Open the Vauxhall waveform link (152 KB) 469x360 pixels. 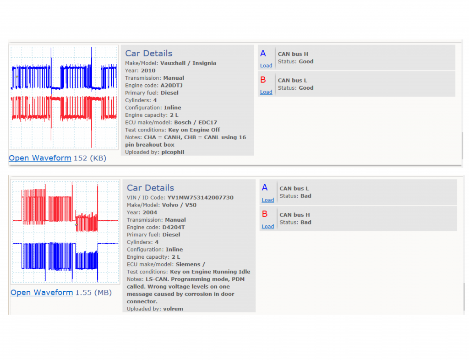click(x=40, y=158)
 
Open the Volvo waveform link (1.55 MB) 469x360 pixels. click(x=42, y=292)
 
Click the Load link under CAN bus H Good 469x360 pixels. click(x=266, y=65)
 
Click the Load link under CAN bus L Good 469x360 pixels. click(x=266, y=92)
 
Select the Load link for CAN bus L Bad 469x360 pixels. click(x=267, y=200)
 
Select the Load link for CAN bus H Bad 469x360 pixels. click(x=267, y=226)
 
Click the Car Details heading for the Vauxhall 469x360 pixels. click(x=149, y=53)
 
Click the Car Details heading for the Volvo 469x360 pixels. click(x=150, y=188)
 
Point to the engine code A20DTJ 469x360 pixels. click(x=171, y=85)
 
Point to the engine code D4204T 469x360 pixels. click(x=174, y=227)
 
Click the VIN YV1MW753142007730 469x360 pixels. click(x=201, y=198)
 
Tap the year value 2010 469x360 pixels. click(x=148, y=71)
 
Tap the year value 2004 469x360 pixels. click(x=150, y=213)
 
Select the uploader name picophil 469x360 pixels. click(x=173, y=152)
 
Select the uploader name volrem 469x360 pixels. click(x=173, y=309)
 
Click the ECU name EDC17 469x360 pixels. click(x=208, y=122)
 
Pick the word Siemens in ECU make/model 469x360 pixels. click(x=188, y=264)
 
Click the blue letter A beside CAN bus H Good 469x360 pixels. click(x=263, y=54)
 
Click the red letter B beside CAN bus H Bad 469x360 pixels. click(x=265, y=214)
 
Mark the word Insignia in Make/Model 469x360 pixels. click(x=204, y=63)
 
